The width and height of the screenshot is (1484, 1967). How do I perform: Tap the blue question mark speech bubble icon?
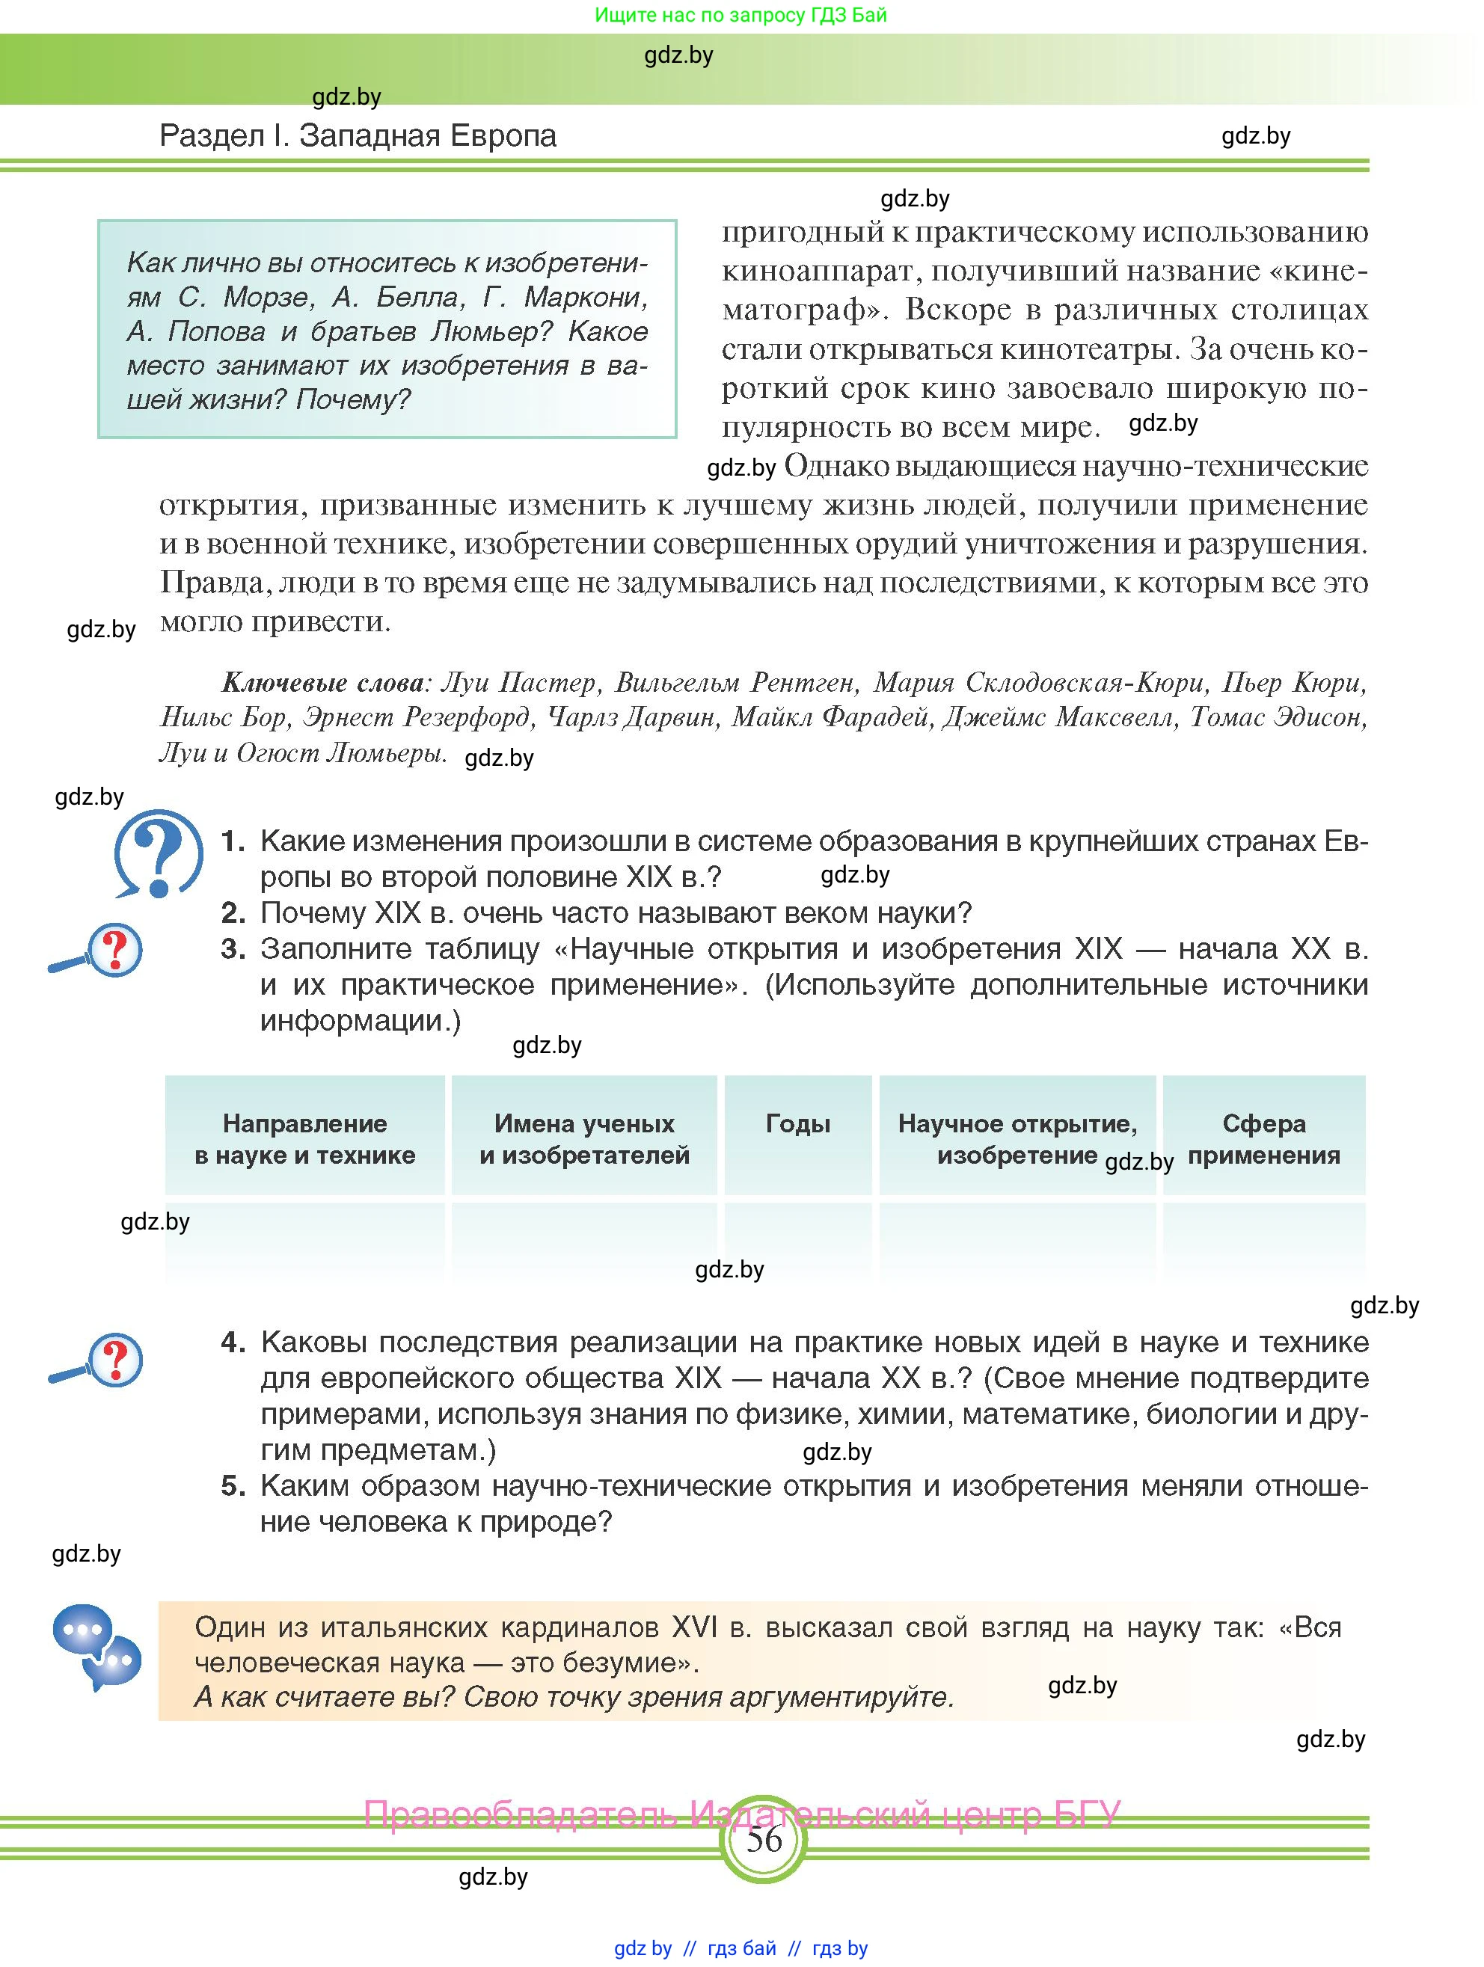[x=159, y=852]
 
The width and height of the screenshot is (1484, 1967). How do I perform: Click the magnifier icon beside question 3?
[x=98, y=951]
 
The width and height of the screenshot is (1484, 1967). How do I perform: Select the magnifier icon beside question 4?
[x=98, y=1360]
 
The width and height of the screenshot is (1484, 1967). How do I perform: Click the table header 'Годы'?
[x=797, y=1124]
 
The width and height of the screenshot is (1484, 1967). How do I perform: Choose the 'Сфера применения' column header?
[x=1263, y=1139]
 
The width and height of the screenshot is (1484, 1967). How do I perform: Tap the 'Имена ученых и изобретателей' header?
[x=584, y=1139]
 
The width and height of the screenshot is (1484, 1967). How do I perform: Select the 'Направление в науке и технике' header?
[x=305, y=1139]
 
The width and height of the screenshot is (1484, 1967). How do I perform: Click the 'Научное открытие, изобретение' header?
[x=1017, y=1139]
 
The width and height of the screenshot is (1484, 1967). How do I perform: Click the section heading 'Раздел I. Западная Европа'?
[x=358, y=136]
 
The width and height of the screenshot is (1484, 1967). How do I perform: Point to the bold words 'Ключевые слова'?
[x=323, y=683]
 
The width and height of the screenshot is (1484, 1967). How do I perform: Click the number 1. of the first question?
[x=233, y=841]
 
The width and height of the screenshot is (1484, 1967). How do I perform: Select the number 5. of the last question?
[x=233, y=1485]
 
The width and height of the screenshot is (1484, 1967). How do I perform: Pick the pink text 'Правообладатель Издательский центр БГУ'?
[x=743, y=1814]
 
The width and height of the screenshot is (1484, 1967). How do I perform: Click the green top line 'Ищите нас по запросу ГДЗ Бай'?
[x=741, y=15]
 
